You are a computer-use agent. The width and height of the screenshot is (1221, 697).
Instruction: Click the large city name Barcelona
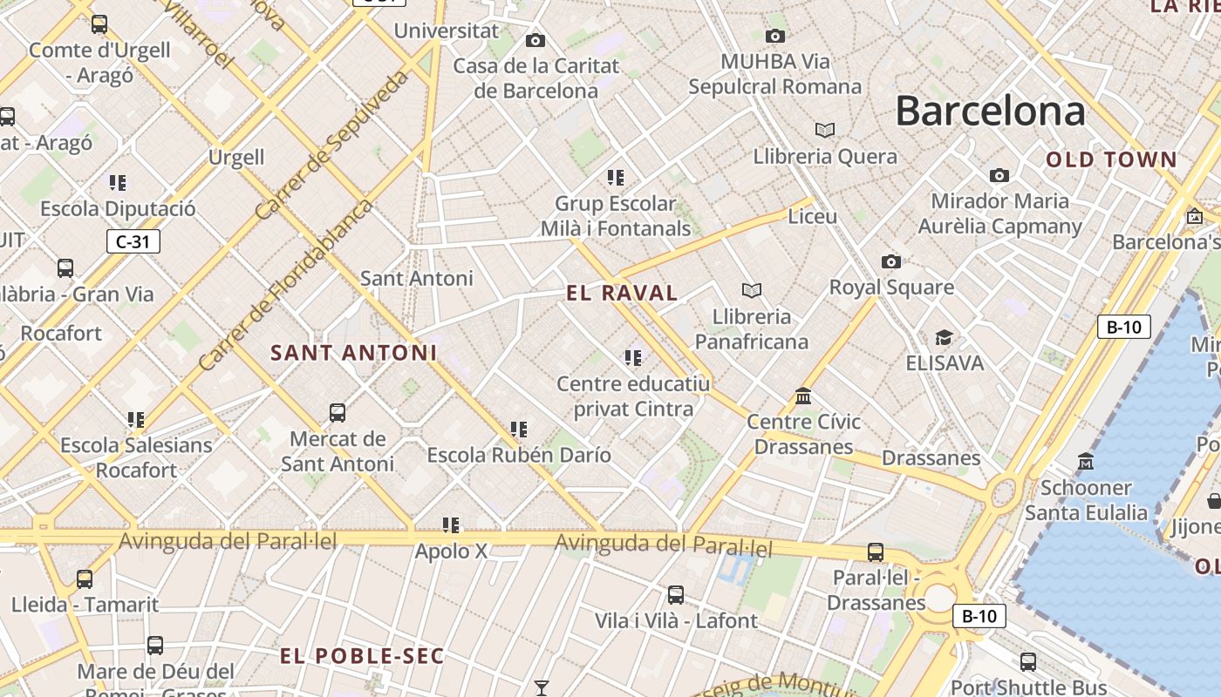pos(990,112)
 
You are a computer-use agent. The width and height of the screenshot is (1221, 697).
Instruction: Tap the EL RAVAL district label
pos(622,293)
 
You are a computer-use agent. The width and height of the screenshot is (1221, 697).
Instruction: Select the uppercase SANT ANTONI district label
pos(353,353)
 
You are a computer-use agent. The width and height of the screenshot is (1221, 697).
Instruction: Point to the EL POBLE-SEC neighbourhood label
pos(362,656)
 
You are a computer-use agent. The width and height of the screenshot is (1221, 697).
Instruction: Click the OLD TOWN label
pos(1111,159)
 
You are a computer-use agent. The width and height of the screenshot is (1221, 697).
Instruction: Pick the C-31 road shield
pos(133,241)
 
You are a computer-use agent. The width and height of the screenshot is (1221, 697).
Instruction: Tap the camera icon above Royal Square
pos(890,261)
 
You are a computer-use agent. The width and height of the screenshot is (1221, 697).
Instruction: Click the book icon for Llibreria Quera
pos(824,131)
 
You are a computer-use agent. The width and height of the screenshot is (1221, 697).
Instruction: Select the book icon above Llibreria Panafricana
pos(751,290)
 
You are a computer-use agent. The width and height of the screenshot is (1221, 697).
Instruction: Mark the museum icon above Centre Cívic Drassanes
pos(803,396)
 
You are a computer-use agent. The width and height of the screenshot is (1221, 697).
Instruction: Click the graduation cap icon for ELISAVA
pos(944,337)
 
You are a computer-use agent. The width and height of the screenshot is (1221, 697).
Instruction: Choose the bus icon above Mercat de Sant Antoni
pos(338,412)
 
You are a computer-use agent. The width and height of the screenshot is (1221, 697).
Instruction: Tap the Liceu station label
pos(812,216)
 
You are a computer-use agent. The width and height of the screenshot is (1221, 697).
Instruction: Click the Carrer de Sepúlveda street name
pos(332,145)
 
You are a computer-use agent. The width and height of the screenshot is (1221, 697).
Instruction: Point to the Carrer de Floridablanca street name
pos(284,286)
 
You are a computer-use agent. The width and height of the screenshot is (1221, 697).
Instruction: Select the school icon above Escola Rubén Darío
pos(519,429)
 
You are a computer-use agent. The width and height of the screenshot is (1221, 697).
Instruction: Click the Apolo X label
pos(451,552)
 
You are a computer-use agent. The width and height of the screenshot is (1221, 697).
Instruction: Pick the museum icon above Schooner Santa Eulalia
pos(1086,461)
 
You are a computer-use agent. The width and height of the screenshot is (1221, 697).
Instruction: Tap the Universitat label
pos(447,31)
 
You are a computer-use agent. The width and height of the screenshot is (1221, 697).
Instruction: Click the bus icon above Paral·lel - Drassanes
pos(875,552)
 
